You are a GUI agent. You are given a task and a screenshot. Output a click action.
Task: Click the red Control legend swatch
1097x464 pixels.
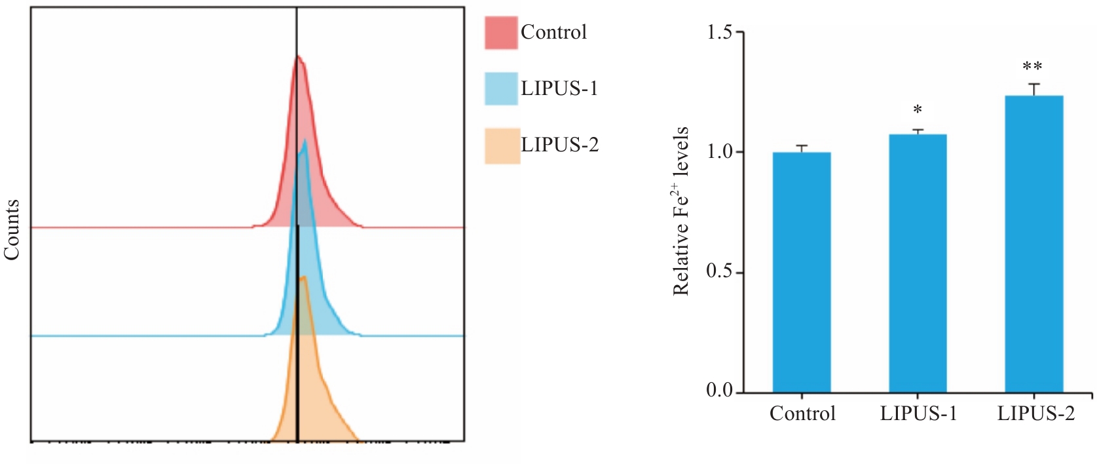point(501,33)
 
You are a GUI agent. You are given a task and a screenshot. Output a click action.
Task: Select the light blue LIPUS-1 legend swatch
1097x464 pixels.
point(501,88)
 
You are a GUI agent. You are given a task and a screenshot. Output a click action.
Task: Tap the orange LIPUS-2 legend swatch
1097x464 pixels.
point(502,145)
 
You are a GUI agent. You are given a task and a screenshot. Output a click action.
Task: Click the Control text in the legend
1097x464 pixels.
point(553,32)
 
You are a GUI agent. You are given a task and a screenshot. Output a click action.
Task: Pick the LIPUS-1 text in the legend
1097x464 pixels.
point(559,88)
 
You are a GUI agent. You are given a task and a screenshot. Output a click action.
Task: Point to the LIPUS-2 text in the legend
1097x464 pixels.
point(559,145)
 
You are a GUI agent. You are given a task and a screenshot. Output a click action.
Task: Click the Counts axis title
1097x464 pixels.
point(12,229)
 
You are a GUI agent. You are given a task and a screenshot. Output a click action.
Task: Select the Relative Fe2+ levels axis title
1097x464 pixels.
point(681,211)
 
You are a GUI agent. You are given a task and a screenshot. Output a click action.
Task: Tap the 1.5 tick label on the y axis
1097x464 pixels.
point(720,32)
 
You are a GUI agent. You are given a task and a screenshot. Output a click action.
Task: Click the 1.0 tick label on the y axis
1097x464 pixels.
point(720,152)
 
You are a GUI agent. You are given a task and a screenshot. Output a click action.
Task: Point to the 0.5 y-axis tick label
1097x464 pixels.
point(720,272)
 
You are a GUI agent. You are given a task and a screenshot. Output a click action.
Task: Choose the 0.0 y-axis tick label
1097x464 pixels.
point(720,391)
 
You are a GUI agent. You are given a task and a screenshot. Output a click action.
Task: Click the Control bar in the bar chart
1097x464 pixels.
point(802,273)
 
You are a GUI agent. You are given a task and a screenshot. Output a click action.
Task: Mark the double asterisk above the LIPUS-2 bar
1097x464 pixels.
point(1033,67)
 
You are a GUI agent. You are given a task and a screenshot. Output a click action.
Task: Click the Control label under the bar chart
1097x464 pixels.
point(802,414)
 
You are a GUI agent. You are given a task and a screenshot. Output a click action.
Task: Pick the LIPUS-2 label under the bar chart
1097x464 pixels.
point(1035,414)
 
